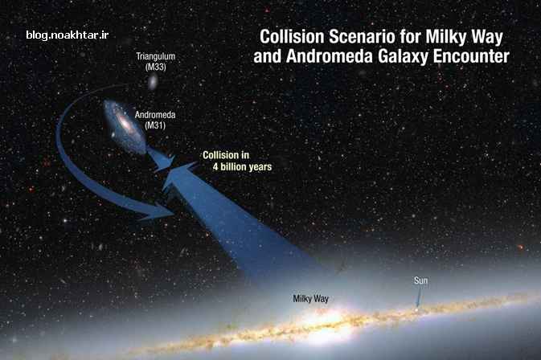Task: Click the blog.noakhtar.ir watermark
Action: [x=68, y=35]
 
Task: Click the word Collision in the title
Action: [x=292, y=36]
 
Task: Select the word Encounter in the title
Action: [x=471, y=56]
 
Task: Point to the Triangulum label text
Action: [x=156, y=56]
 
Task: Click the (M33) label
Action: [x=156, y=67]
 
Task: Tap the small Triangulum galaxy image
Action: [x=152, y=82]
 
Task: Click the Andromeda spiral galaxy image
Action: [x=125, y=126]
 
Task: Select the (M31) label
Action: [x=155, y=125]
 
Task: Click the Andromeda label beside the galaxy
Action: [x=155, y=115]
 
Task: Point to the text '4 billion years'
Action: [x=242, y=167]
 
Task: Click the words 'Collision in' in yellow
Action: [x=226, y=155]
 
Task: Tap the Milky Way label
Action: [x=310, y=299]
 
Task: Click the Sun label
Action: [x=420, y=280]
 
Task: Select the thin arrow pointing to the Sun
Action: [x=419, y=297]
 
